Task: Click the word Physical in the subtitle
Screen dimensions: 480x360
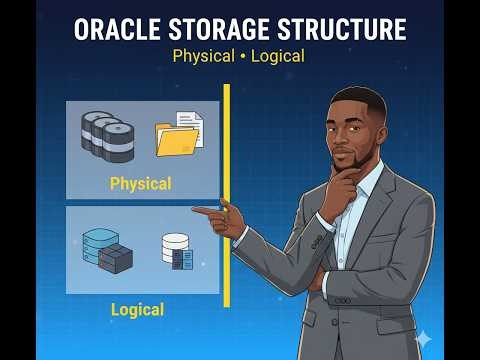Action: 203,56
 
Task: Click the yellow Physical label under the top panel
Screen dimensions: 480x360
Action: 140,184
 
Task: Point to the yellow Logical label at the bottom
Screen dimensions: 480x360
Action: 137,310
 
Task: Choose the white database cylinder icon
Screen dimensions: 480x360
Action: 177,251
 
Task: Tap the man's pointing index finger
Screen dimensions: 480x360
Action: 203,211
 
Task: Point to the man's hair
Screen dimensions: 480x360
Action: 357,98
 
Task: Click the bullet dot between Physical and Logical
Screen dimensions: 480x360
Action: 241,56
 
